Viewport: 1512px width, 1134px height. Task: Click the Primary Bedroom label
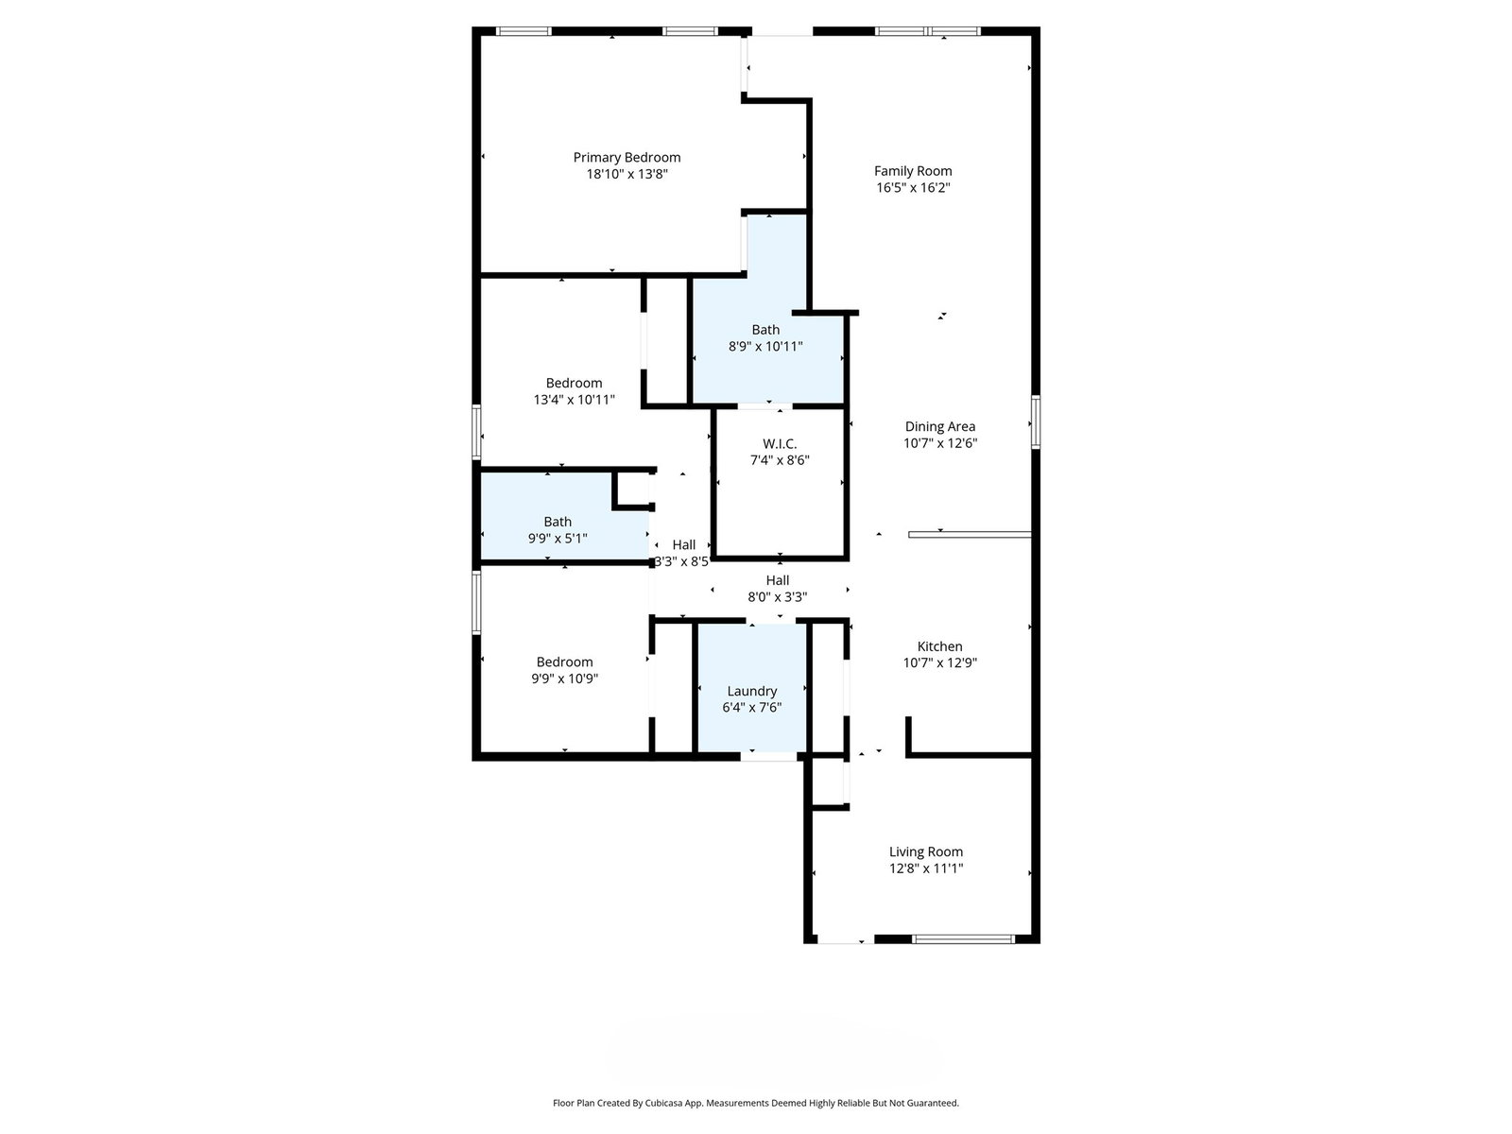click(627, 158)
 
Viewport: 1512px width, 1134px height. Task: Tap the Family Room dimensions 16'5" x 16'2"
click(913, 187)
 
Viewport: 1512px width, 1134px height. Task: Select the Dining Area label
click(939, 427)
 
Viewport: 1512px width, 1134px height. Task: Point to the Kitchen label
click(939, 646)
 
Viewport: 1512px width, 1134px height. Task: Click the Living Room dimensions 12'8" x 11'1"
click(926, 868)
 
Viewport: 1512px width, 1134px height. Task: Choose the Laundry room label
click(751, 692)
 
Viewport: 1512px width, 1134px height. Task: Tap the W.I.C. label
click(779, 444)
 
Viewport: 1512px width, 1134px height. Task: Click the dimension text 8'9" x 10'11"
click(765, 346)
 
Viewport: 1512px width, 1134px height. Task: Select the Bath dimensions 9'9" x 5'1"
click(558, 539)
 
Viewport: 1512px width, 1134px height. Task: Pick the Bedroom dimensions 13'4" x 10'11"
click(574, 400)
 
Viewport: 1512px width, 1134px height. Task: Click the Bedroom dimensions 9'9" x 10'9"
click(564, 679)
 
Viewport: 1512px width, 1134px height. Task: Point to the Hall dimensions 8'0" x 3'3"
click(777, 597)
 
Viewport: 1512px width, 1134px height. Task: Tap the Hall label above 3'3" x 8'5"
click(684, 545)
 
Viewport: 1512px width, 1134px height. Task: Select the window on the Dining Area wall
click(1036, 422)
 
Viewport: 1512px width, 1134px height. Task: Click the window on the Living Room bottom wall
click(963, 939)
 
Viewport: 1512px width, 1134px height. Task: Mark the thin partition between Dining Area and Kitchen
click(970, 534)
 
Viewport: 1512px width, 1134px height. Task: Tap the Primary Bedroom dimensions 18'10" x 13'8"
click(627, 174)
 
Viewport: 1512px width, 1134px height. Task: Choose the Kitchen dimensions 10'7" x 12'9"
click(939, 663)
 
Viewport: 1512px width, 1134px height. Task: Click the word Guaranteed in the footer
click(932, 1103)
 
